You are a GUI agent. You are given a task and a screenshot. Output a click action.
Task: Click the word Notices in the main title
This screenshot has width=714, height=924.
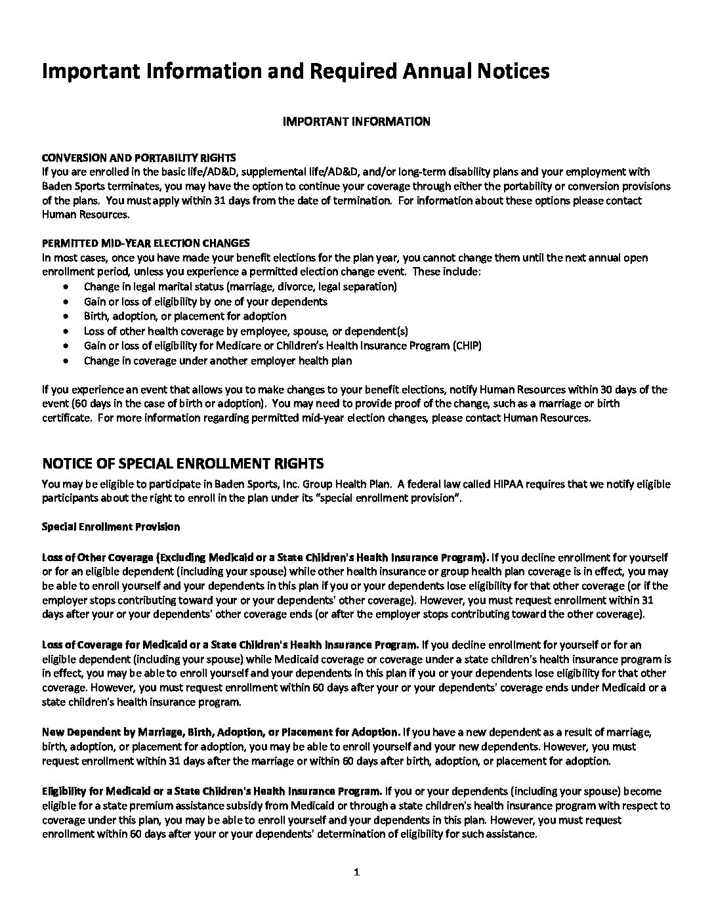point(509,71)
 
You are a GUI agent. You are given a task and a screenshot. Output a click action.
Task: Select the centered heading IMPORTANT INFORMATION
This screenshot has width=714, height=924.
point(356,121)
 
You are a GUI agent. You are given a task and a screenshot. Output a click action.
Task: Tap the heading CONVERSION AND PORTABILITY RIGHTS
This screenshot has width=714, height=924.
point(138,158)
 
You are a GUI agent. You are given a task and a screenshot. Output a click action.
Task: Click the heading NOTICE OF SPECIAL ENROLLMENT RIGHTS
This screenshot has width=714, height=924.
point(182,464)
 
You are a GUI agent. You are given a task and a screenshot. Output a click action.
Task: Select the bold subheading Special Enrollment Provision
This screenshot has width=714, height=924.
point(111,527)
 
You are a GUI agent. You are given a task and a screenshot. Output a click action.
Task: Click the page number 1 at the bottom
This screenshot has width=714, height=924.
point(356,872)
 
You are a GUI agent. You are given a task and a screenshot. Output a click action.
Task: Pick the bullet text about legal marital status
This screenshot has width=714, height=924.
point(240,287)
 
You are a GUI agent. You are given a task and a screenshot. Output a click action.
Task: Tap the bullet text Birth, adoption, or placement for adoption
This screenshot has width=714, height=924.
point(185,316)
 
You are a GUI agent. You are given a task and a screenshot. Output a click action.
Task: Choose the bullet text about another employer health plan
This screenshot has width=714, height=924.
point(218,361)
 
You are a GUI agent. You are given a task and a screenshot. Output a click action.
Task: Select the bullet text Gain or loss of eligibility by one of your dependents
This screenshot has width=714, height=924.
point(205,302)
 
